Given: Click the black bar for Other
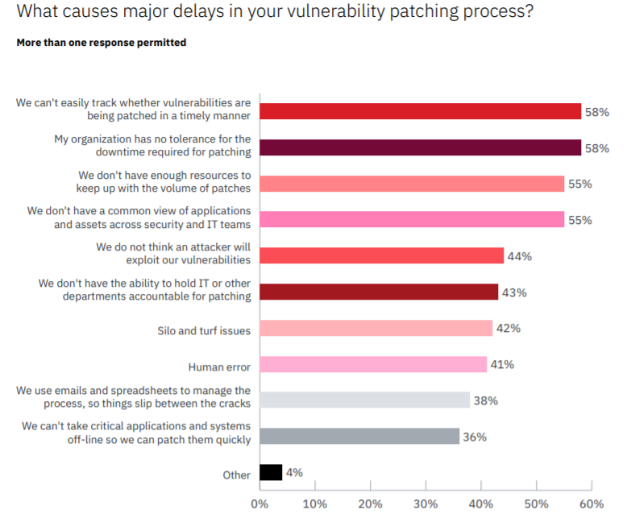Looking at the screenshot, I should [271, 473].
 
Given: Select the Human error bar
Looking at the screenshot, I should [373, 365].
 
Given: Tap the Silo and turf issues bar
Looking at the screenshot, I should [376, 329].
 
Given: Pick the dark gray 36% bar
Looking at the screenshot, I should [359, 437].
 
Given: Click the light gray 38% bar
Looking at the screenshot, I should [364, 400].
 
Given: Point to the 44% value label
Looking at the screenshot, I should [520, 257].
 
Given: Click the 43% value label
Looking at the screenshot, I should [514, 292].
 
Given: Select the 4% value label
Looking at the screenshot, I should [294, 473].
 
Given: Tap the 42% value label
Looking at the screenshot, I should [509, 329].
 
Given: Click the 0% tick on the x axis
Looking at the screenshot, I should [260, 504].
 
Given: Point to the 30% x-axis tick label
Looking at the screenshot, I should [426, 504].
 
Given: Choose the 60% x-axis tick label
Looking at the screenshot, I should [592, 504].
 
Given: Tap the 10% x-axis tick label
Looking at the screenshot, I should [314, 504].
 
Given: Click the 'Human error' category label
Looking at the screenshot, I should [219, 367].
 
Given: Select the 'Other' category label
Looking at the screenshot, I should [237, 475].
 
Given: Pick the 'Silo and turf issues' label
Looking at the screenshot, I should [204, 330].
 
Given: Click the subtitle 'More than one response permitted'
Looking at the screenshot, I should [102, 42].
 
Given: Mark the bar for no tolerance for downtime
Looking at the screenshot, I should [420, 148].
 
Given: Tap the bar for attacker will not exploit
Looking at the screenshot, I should [381, 256].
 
